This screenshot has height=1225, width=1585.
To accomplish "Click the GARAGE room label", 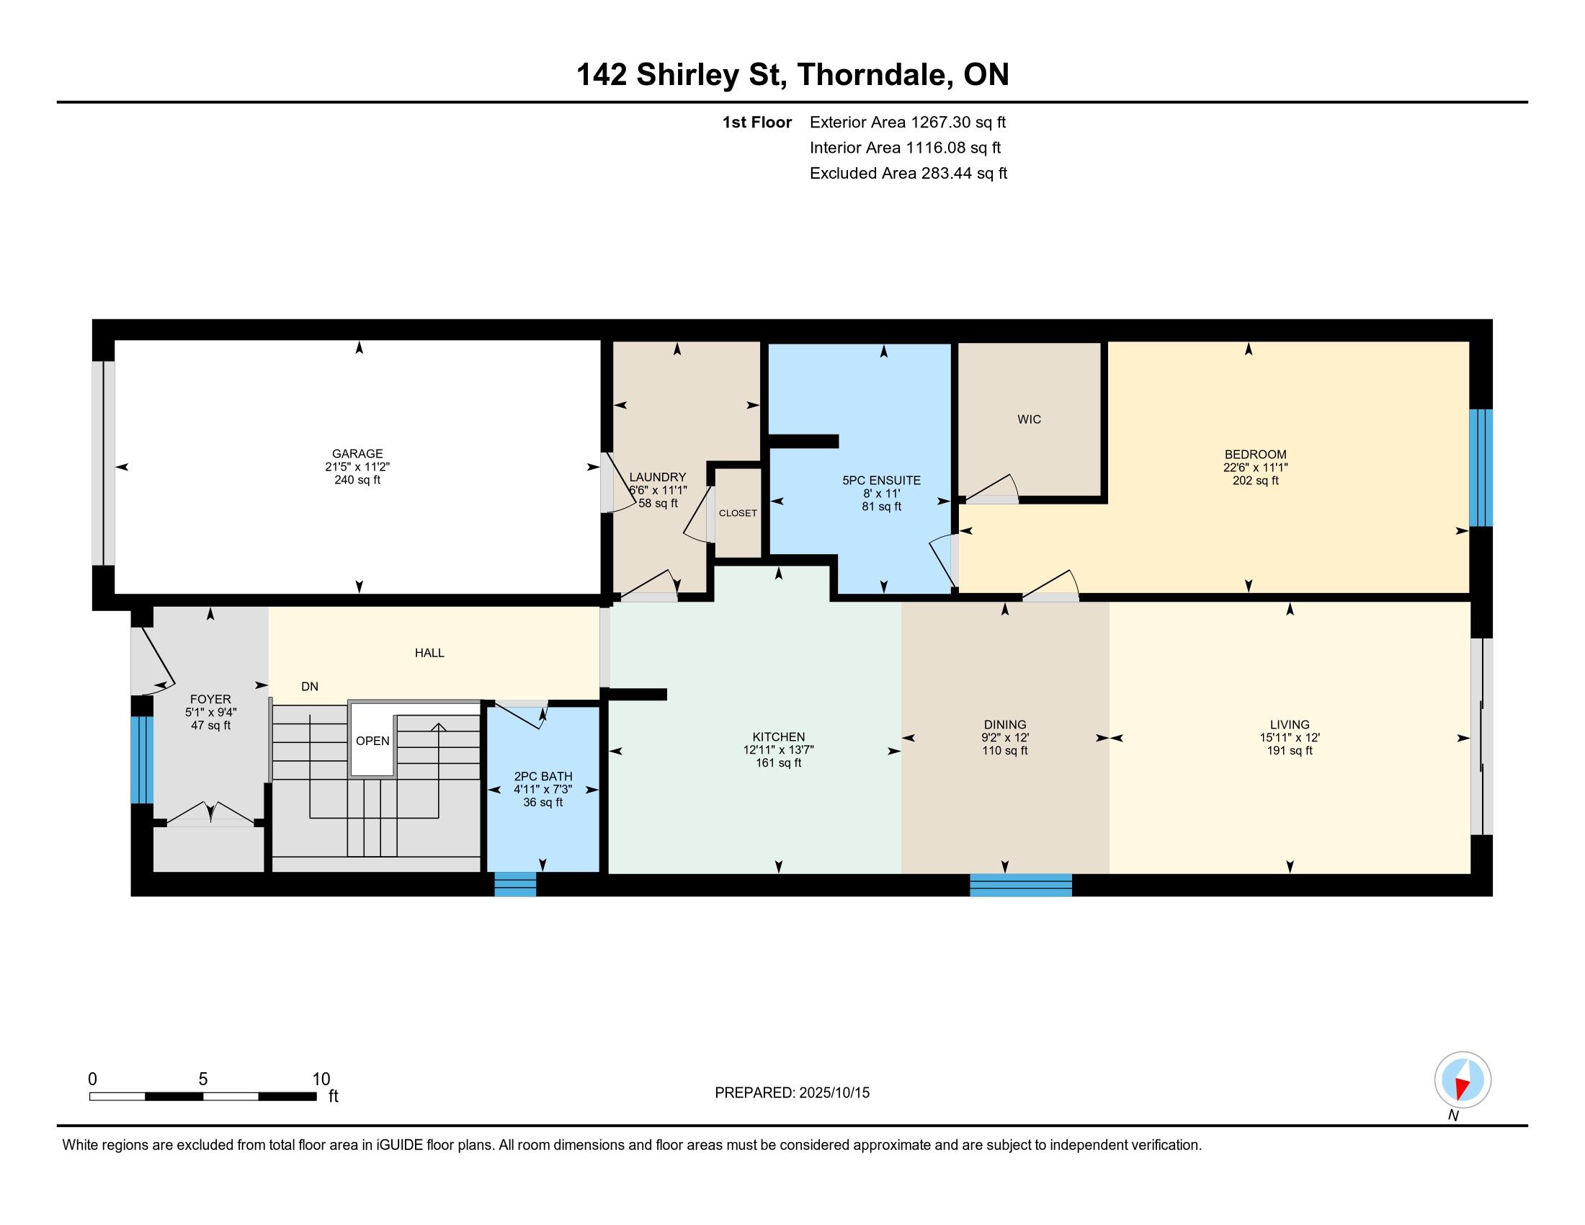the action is click(x=357, y=453).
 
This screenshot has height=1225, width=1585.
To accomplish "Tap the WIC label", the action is click(x=1029, y=419).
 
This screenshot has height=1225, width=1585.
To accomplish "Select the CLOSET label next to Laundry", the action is click(x=738, y=513).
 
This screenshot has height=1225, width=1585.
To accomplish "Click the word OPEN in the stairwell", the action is click(x=372, y=741).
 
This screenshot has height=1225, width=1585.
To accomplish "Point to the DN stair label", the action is click(x=310, y=687).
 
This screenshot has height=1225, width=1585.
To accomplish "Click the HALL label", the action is click(x=429, y=653).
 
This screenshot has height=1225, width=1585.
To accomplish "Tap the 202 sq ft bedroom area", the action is click(x=1255, y=481).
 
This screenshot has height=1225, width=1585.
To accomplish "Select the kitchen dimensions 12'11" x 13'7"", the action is click(x=779, y=750).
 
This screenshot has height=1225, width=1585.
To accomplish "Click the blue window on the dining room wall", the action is click(x=1021, y=886).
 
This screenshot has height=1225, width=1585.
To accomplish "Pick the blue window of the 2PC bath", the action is click(x=515, y=885).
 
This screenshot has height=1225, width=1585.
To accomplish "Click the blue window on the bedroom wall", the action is click(x=1481, y=468).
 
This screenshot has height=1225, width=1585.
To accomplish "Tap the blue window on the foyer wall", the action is click(x=142, y=759).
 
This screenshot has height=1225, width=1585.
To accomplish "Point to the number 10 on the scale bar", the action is click(x=321, y=1079).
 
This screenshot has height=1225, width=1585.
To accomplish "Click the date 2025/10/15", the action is click(x=834, y=1093).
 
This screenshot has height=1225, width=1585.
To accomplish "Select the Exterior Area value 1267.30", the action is click(x=940, y=122).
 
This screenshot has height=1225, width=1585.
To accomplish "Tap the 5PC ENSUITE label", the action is click(x=881, y=481).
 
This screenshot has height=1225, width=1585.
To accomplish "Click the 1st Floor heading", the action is click(x=757, y=122).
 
